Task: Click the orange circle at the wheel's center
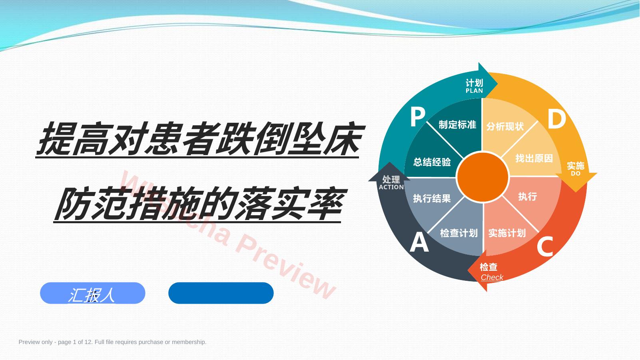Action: tap(482, 177)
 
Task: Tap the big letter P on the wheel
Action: tap(418, 117)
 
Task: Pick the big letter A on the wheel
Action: tap(419, 242)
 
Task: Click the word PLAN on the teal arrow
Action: tap(474, 91)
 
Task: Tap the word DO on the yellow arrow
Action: tap(575, 173)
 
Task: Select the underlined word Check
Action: tap(492, 277)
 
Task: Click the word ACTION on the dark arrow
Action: tap(391, 187)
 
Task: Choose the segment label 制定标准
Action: tap(457, 125)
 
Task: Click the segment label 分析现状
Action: tap(505, 126)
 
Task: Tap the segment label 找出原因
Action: tap(534, 158)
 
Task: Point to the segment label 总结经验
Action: tap(432, 162)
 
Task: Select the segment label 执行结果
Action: tap(432, 198)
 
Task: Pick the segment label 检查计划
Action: tap(459, 233)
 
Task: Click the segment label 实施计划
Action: tap(507, 233)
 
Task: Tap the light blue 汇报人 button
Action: tap(93, 293)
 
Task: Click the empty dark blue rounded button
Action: tap(221, 293)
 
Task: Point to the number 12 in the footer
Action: tap(88, 342)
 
